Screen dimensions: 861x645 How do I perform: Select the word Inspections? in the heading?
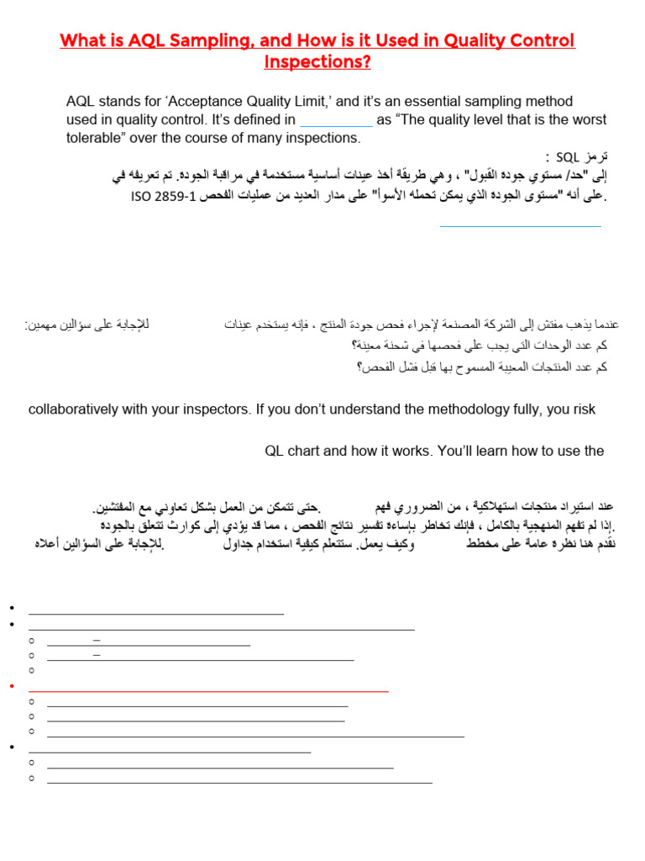coord(317,62)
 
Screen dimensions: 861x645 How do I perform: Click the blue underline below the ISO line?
coord(520,225)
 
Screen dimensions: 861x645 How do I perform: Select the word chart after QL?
coord(311,451)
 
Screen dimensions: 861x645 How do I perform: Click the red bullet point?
coord(13,686)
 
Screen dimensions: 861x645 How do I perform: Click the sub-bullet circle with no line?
coord(31,670)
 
